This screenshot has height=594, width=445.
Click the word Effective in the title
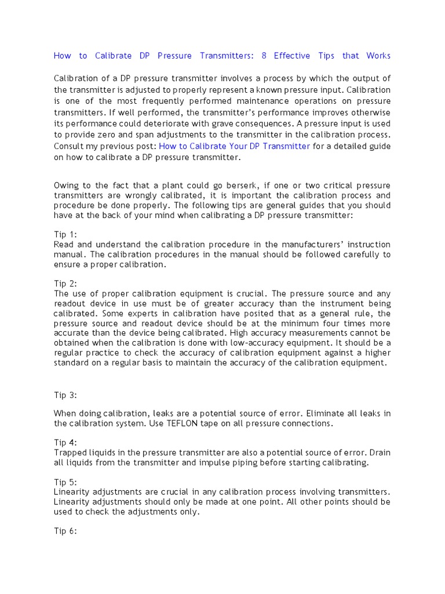291,56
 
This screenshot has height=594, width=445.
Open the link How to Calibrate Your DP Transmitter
234,146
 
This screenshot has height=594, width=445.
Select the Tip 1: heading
65,234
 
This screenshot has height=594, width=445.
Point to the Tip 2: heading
65,284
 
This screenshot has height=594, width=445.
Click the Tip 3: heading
65,395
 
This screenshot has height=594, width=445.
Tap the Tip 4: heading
65,443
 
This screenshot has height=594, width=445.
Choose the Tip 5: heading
65,482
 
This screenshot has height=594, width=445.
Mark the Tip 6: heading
65,531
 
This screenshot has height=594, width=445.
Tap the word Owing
68,186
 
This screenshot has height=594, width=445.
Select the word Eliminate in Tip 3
324,413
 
